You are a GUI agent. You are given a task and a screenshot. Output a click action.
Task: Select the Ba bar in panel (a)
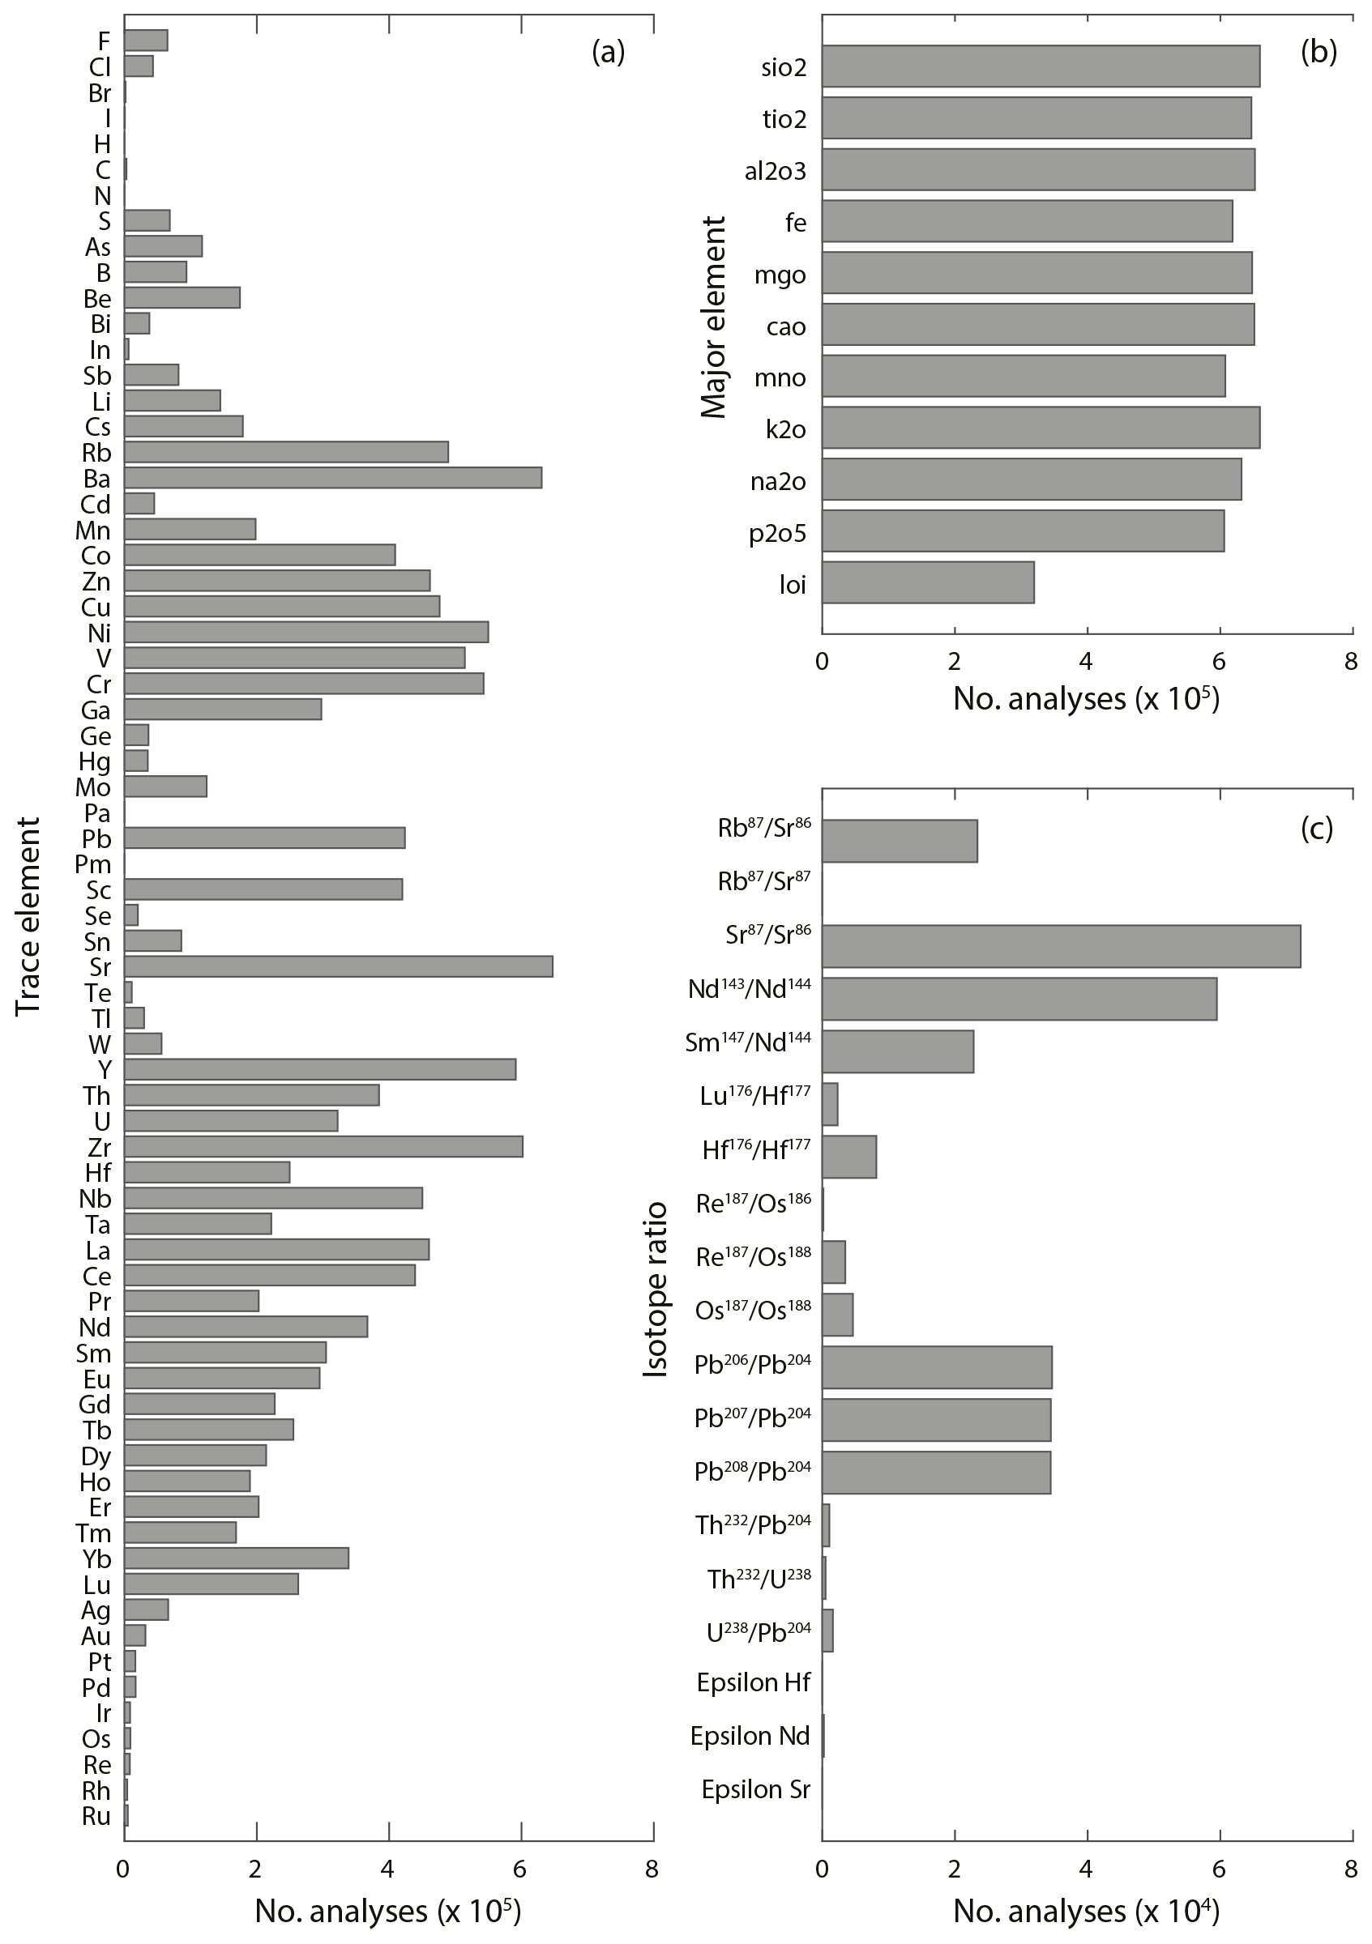333,479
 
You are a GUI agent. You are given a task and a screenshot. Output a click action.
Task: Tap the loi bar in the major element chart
927,582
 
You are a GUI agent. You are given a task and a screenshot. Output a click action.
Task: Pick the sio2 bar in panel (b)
1040,66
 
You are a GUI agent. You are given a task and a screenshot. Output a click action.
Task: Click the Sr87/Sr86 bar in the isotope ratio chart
1060,946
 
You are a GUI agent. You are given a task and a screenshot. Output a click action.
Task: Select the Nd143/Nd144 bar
1019,998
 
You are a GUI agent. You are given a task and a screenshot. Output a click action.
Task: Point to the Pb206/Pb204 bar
937,1367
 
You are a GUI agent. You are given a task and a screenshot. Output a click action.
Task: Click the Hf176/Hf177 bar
848,1157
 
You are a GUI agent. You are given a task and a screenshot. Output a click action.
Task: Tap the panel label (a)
608,53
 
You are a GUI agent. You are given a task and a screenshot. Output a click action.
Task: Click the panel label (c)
1317,829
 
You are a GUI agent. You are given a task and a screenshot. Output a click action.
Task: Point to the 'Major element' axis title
715,317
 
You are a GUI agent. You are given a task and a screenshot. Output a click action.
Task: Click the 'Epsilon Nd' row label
750,1737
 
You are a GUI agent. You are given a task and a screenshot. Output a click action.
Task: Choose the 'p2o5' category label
777,535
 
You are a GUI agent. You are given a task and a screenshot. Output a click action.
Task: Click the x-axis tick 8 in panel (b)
1352,661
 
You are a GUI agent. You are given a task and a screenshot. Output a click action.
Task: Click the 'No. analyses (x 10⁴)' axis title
1086,1910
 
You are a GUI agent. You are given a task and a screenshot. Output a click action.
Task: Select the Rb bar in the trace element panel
286,452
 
